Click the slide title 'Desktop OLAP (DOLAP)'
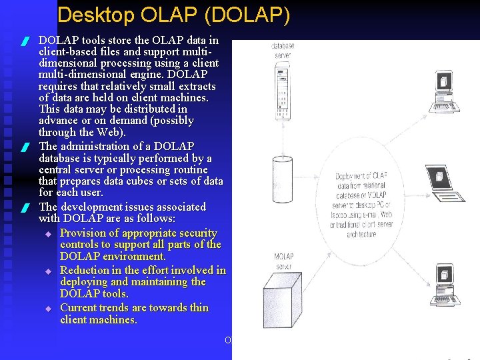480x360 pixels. tap(173, 15)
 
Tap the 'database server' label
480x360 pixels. tap(283, 50)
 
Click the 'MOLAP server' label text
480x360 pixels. tap(283, 261)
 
